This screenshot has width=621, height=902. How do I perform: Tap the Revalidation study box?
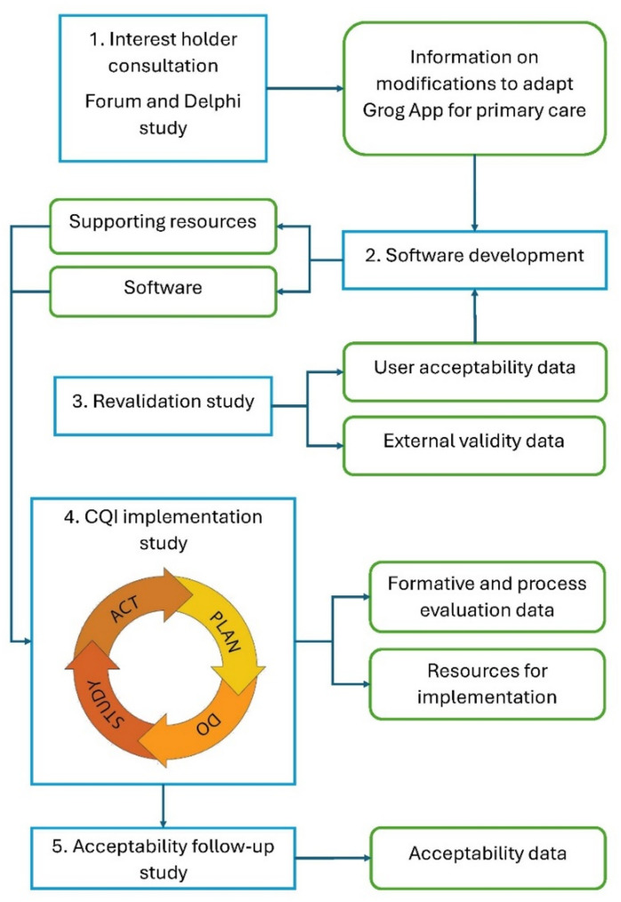pos(165,402)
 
